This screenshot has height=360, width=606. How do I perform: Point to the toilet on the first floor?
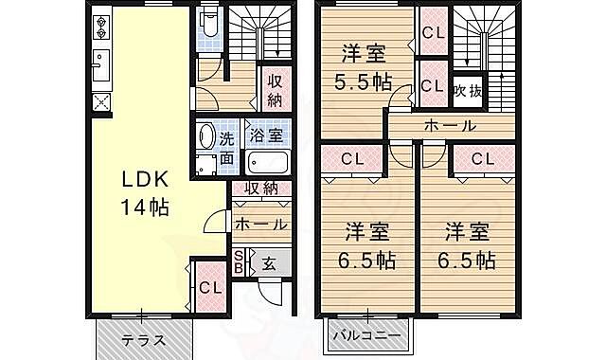210,25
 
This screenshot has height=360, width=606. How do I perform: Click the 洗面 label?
227,148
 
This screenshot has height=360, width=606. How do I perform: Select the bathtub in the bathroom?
266,162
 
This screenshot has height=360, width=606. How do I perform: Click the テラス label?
145,340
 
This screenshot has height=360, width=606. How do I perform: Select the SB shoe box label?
239,262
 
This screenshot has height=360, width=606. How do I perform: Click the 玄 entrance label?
269,263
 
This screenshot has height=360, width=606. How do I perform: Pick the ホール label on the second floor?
449,125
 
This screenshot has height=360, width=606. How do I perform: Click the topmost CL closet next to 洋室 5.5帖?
433,31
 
